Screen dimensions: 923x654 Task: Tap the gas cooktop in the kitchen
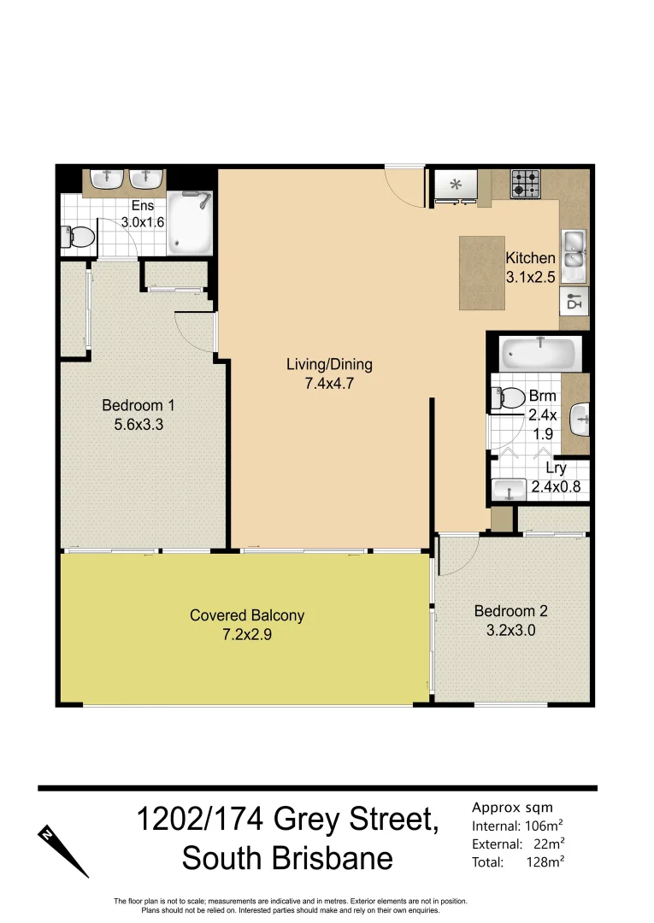click(526, 183)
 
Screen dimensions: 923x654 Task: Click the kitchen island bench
click(480, 273)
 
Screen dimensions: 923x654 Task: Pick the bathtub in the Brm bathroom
click(539, 352)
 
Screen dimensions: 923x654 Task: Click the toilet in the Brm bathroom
click(510, 397)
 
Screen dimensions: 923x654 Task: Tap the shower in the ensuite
click(190, 222)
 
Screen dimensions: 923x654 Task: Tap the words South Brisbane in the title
click(287, 857)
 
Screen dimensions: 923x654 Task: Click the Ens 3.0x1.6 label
click(142, 214)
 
